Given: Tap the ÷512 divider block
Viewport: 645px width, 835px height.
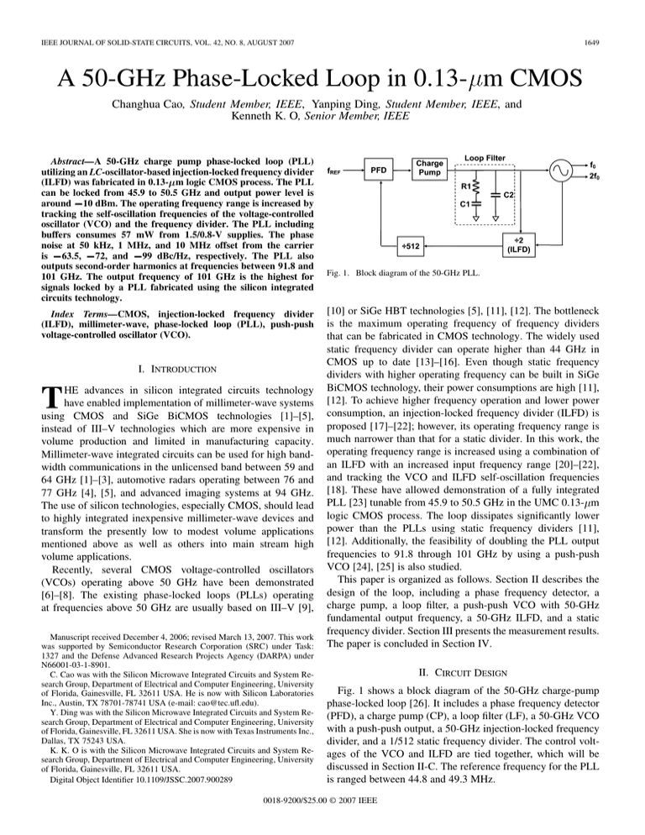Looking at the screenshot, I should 416,246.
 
